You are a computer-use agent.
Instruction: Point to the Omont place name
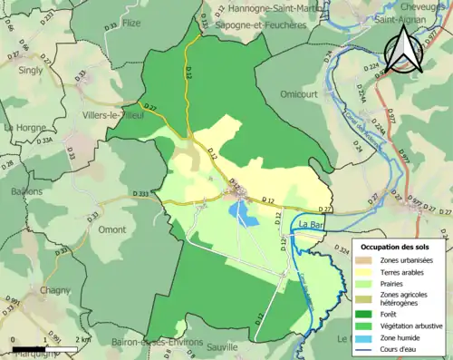111,229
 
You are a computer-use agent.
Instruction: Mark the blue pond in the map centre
242,212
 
